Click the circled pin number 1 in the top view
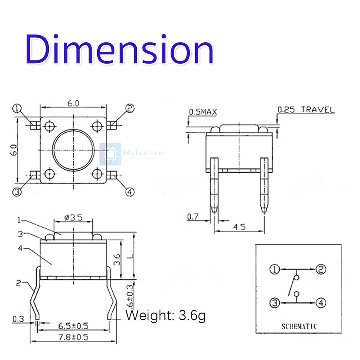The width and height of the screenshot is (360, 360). click(17, 108)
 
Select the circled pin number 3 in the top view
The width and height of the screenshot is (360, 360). click(17, 192)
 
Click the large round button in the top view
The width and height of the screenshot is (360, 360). click(74, 150)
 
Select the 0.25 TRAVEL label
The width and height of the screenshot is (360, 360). click(306, 110)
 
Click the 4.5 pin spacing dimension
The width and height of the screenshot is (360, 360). click(239, 227)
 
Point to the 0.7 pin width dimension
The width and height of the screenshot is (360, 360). click(193, 217)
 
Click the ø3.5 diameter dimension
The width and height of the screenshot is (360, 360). click(74, 218)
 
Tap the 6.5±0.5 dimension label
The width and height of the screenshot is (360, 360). click(73, 326)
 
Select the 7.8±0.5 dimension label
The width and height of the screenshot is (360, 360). click(73, 337)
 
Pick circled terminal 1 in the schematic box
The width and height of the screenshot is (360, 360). click(274, 269)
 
